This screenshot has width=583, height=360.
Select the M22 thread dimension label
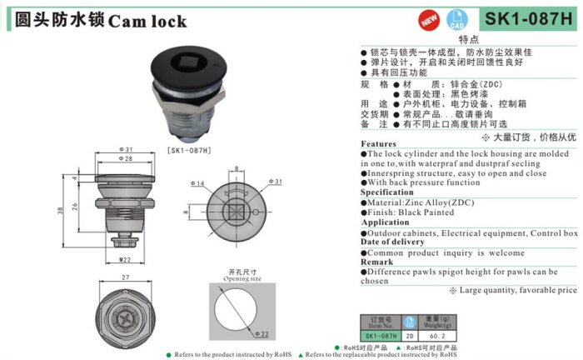click(x=124, y=260)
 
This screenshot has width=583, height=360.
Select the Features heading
click(x=378, y=144)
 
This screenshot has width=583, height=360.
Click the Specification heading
click(x=386, y=192)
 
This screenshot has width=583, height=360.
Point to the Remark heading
click(x=376, y=262)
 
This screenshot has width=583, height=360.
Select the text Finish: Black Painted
click(x=412, y=212)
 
